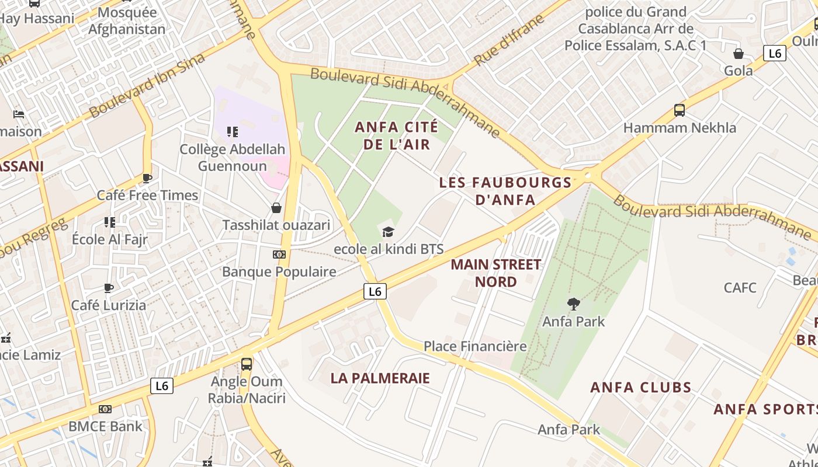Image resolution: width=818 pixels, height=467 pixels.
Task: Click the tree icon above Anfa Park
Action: click(x=573, y=304)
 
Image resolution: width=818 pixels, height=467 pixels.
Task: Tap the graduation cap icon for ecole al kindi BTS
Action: click(x=389, y=232)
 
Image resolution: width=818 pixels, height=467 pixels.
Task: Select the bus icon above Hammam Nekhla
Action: click(x=679, y=110)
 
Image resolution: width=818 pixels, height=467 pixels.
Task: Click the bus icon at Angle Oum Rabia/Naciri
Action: click(x=247, y=364)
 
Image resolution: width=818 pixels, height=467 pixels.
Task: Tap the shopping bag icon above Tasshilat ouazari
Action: click(x=276, y=208)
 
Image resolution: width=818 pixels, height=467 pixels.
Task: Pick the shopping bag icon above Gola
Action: click(x=739, y=54)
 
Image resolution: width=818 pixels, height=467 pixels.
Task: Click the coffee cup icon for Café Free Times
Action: click(x=147, y=178)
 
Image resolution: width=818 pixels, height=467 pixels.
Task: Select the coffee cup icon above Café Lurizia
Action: click(x=109, y=288)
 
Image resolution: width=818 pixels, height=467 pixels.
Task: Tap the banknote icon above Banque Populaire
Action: click(x=279, y=255)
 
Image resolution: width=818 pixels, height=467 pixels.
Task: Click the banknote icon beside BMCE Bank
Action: click(x=105, y=409)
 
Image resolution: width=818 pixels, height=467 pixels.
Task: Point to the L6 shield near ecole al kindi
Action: click(x=375, y=291)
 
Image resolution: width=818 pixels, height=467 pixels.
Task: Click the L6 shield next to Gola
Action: click(x=775, y=54)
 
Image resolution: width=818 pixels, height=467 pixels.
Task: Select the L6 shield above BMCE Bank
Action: click(x=162, y=385)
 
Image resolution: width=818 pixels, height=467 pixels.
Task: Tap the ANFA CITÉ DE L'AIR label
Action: click(x=397, y=135)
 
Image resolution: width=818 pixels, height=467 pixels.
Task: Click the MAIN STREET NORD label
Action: click(x=495, y=273)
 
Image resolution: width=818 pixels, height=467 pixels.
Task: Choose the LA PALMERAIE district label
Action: click(x=380, y=378)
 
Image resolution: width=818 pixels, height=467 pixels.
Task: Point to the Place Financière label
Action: click(x=475, y=346)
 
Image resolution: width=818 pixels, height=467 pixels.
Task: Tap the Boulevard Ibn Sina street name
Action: click(x=147, y=85)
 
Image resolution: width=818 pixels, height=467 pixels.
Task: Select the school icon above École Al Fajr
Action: click(x=110, y=222)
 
